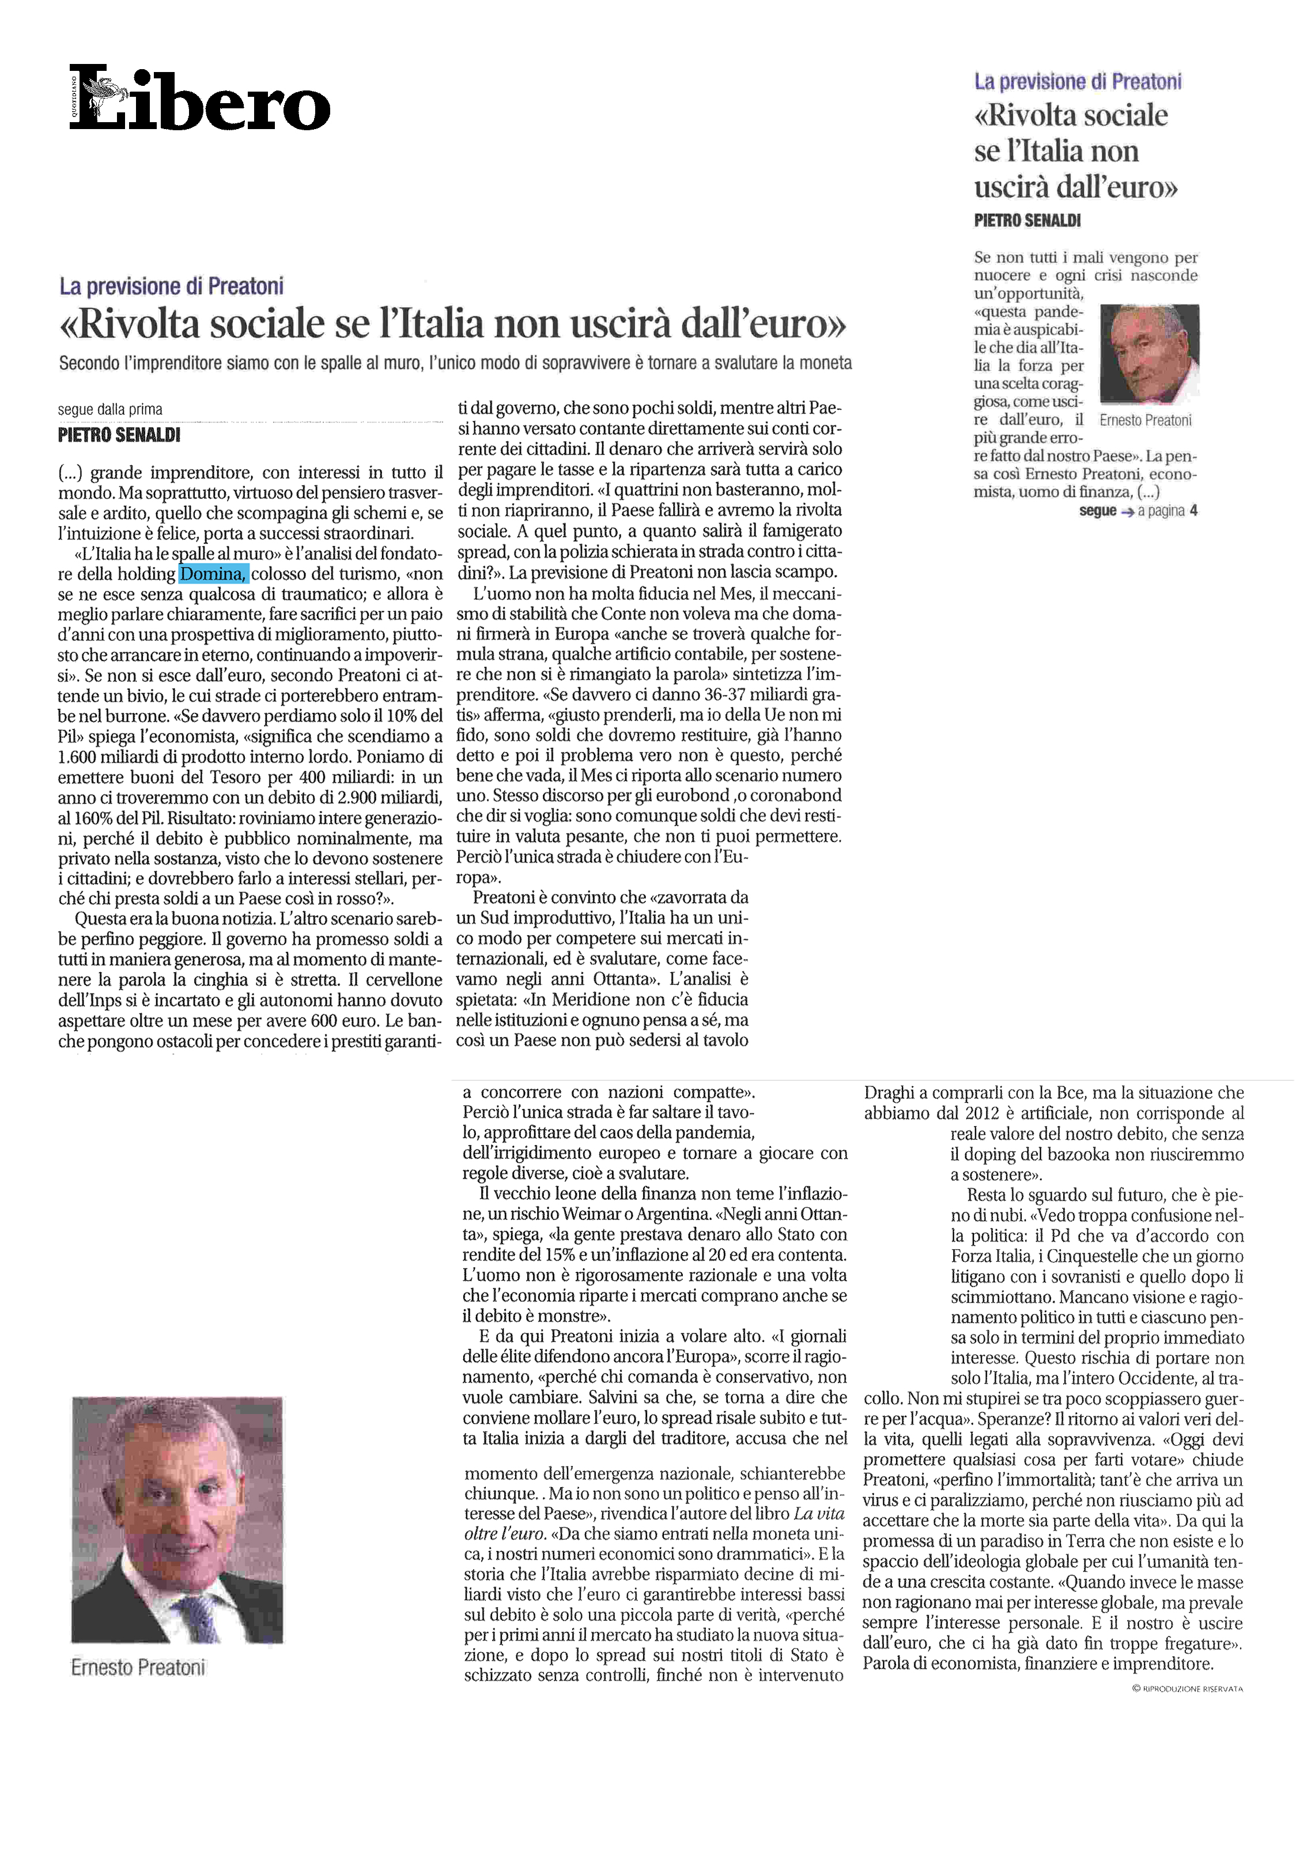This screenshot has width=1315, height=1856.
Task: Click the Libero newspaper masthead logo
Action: click(199, 99)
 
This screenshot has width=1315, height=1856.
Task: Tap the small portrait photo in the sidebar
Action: click(1149, 354)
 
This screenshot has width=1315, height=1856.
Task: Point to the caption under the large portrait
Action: click(138, 1668)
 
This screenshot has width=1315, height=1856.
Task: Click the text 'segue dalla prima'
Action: click(110, 410)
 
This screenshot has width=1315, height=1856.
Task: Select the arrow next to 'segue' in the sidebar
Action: click(1127, 511)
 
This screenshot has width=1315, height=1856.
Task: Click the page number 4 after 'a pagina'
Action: click(1193, 511)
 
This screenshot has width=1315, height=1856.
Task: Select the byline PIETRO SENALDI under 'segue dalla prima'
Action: click(119, 435)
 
